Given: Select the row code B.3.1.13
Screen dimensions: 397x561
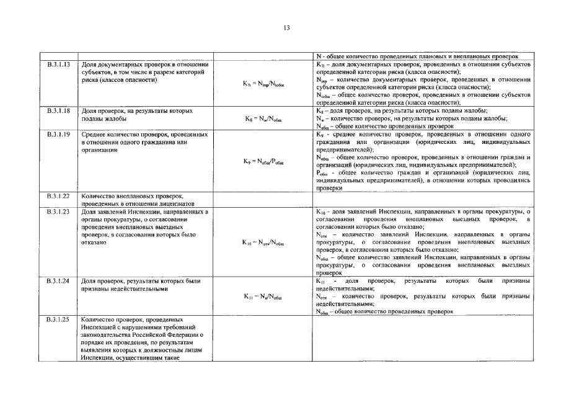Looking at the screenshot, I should click(58, 65).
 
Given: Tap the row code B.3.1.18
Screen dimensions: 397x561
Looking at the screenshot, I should click(58, 110).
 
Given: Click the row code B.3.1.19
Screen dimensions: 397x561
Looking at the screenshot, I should click(58, 134).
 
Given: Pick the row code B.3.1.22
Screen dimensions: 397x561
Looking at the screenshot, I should click(58, 195).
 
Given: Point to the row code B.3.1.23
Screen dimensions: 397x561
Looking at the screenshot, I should click(58, 212).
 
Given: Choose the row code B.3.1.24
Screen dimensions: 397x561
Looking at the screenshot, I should click(58, 281).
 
